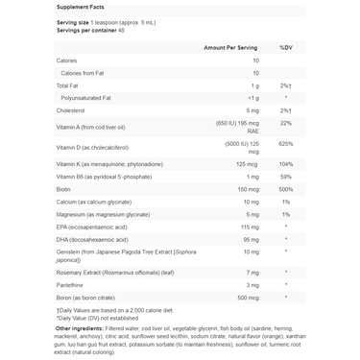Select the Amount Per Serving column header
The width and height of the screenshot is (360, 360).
pos(230,46)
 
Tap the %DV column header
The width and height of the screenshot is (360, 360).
pos(285,46)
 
